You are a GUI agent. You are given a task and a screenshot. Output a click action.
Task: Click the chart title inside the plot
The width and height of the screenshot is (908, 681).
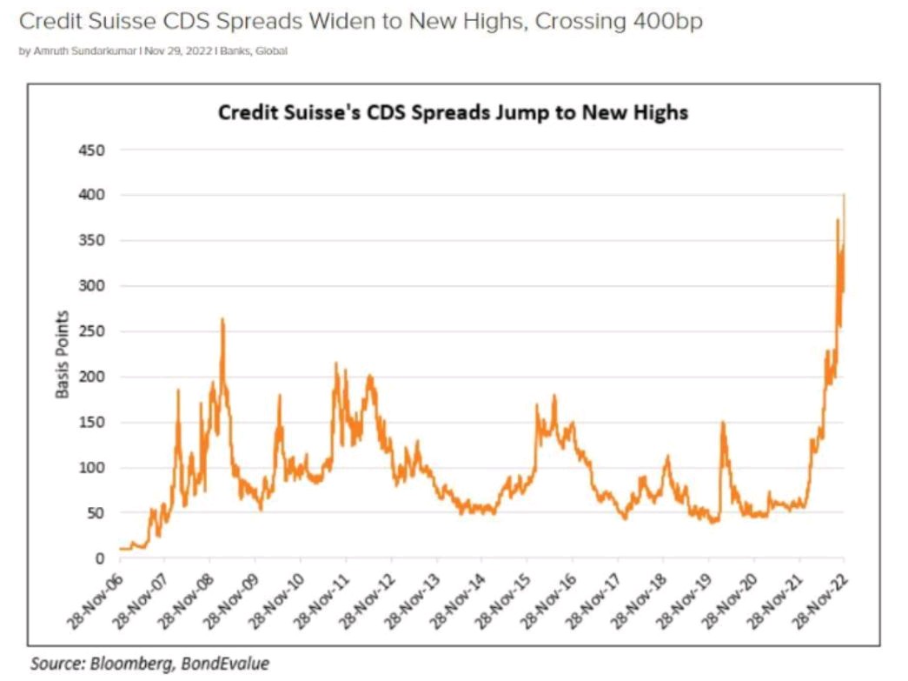point(453,113)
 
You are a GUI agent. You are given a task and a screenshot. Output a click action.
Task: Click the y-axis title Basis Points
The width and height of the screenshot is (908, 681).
point(63,354)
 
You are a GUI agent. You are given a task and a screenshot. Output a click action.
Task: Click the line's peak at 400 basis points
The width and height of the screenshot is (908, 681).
point(844,196)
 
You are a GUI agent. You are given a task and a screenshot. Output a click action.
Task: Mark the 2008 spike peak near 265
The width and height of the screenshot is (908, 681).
point(222,320)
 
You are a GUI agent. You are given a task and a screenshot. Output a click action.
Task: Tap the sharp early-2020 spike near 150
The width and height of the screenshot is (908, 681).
point(722,424)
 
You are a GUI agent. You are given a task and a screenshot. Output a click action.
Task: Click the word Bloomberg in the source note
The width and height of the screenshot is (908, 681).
point(123,664)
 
